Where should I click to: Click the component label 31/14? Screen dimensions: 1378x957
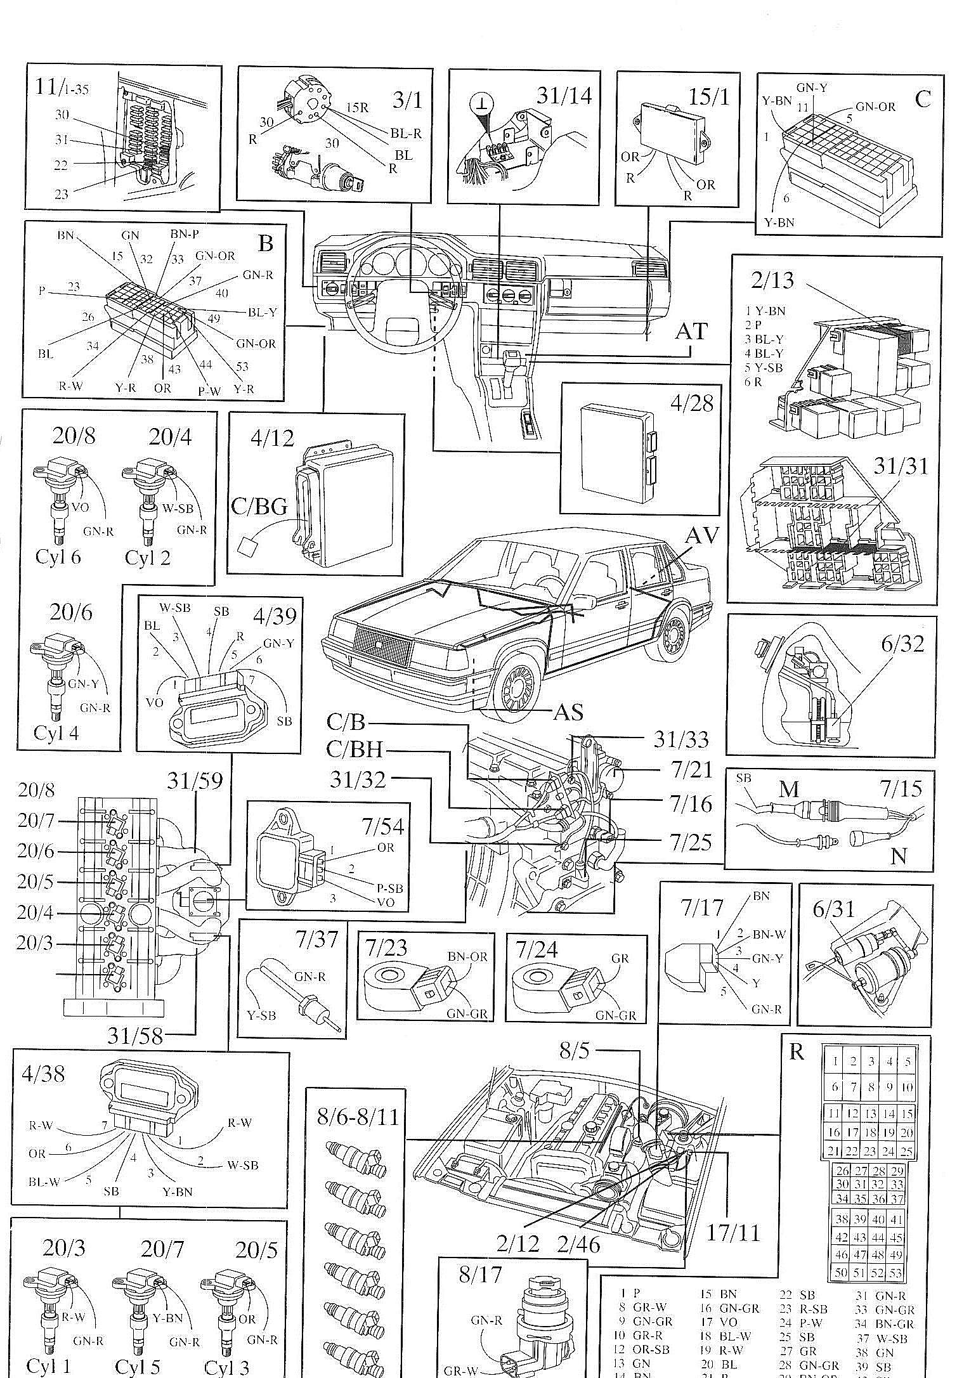pos(563,96)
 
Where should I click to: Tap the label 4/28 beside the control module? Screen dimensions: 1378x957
pos(693,403)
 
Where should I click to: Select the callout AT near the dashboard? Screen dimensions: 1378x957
pos(691,331)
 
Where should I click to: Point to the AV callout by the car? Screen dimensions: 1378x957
pos(703,536)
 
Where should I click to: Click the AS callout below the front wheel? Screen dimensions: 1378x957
pos(568,712)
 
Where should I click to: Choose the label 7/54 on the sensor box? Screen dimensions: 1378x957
pos(382,826)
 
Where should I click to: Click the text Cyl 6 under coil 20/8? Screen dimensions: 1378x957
pos(58,557)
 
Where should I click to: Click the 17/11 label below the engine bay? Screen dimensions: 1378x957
pos(732,1232)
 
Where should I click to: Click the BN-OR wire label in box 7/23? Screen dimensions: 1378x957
pos(467,956)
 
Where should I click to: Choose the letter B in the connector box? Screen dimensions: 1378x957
pos(265,243)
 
